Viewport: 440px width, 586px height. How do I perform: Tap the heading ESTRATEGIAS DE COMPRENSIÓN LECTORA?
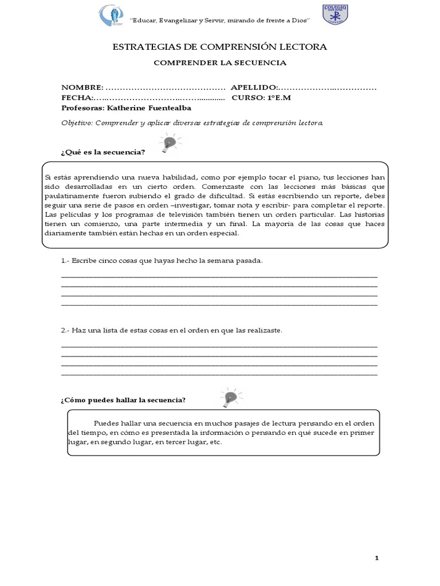[x=219, y=47]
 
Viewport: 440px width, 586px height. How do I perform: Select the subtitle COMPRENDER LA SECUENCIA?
[x=219, y=63]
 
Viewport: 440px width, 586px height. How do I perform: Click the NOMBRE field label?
[x=82, y=88]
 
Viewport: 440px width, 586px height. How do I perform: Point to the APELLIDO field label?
[x=254, y=88]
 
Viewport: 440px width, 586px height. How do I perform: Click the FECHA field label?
[x=77, y=97]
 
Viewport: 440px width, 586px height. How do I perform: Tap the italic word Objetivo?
[x=77, y=122]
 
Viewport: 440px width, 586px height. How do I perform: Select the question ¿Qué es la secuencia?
[x=103, y=152]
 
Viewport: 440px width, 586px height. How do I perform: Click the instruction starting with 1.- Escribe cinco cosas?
[x=162, y=260]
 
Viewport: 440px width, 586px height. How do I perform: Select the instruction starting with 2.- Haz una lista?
[x=172, y=331]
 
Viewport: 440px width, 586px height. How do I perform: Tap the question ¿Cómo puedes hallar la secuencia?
[x=123, y=399]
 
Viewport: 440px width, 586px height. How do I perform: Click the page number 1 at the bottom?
[x=377, y=557]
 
